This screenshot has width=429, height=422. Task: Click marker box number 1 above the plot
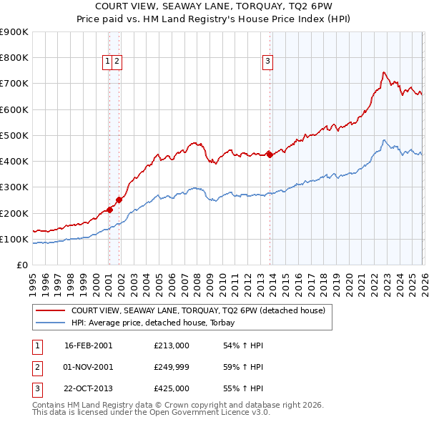pos(108,62)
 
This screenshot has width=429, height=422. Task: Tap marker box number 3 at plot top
pos(268,62)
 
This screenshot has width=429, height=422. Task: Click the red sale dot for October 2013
pos(270,154)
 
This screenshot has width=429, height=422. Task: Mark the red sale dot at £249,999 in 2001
pos(119,200)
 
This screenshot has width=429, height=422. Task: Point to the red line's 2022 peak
pos(384,72)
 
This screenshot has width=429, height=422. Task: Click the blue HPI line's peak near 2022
pos(384,140)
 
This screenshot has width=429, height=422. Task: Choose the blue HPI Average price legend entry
pos(158,323)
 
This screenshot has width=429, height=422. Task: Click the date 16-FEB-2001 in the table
pos(88,345)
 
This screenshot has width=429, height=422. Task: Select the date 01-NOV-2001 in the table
pos(88,367)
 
